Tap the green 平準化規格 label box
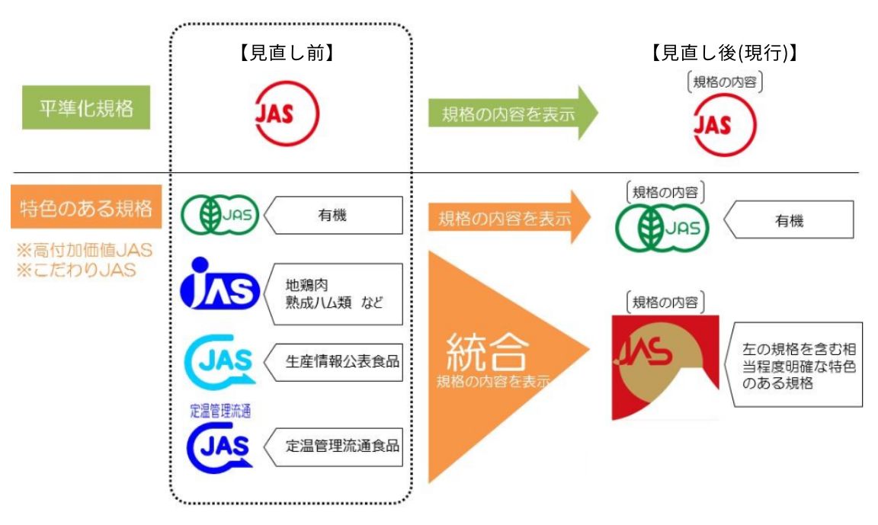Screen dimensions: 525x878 click(86, 109)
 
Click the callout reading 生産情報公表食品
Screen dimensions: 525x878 click(334, 360)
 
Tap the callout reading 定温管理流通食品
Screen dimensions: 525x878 click(334, 447)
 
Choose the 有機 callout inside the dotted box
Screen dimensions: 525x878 click(334, 216)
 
